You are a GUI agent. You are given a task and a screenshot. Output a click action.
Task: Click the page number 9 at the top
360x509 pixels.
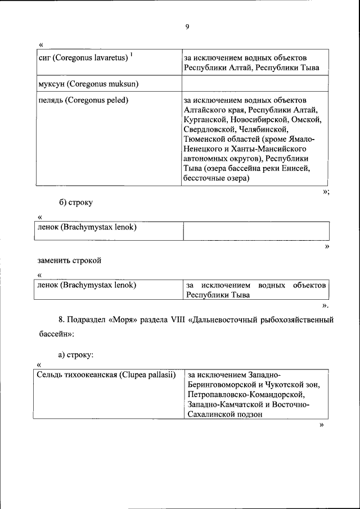pos(187,26)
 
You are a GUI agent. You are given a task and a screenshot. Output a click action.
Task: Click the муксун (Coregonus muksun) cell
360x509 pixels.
pos(88,84)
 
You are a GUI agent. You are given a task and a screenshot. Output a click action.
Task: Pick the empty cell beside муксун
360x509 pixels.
pos(254,84)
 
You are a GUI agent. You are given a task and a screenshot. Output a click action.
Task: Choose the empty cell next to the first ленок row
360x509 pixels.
pos(256,230)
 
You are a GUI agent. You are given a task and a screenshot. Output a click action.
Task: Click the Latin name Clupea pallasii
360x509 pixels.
pos(147,374)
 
